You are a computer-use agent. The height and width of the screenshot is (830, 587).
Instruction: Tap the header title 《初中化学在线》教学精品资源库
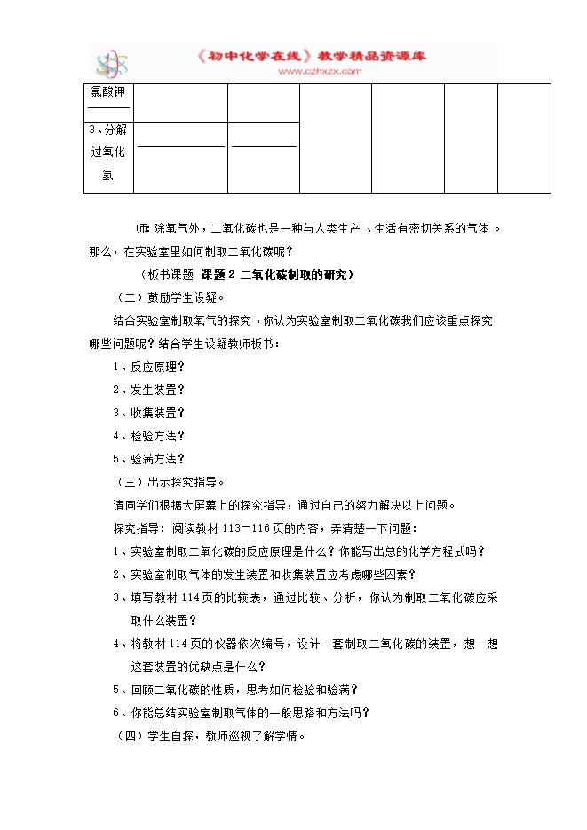pyautogui.click(x=312, y=56)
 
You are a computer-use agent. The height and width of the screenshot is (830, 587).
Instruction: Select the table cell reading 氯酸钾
pyautogui.click(x=108, y=92)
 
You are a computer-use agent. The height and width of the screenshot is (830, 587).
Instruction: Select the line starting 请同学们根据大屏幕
pyautogui.click(x=284, y=505)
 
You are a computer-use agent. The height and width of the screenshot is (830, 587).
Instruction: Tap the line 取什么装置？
pyautogui.click(x=163, y=620)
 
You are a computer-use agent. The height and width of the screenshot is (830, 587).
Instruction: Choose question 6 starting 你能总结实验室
pyautogui.click(x=240, y=712)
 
